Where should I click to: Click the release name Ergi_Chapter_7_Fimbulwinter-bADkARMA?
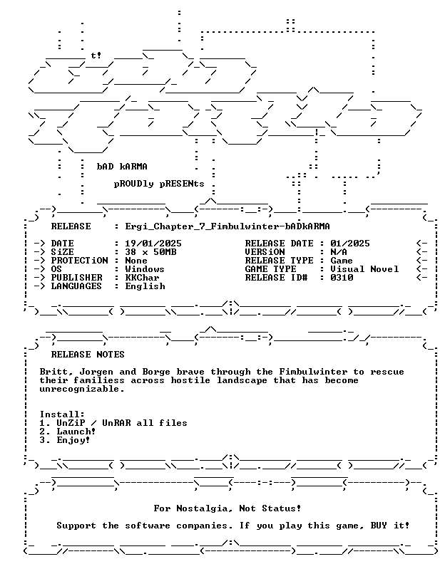point(227,226)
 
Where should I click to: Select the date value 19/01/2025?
point(153,244)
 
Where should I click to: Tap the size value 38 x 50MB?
point(150,252)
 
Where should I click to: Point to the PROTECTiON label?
point(79,261)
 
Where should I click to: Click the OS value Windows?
point(145,269)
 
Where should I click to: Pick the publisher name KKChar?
point(142,278)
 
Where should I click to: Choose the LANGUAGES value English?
point(145,286)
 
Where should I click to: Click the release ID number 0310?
point(342,278)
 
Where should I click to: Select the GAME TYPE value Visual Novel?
point(364,269)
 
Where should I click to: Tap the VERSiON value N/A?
point(339,252)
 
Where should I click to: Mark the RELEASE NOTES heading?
point(88,355)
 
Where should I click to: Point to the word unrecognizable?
point(82,390)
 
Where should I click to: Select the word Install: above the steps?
point(62,414)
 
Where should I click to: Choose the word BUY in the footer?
point(379,526)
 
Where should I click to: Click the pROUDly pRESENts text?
point(159,184)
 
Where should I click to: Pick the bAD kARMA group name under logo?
point(122,167)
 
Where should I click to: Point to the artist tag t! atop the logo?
point(96,56)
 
